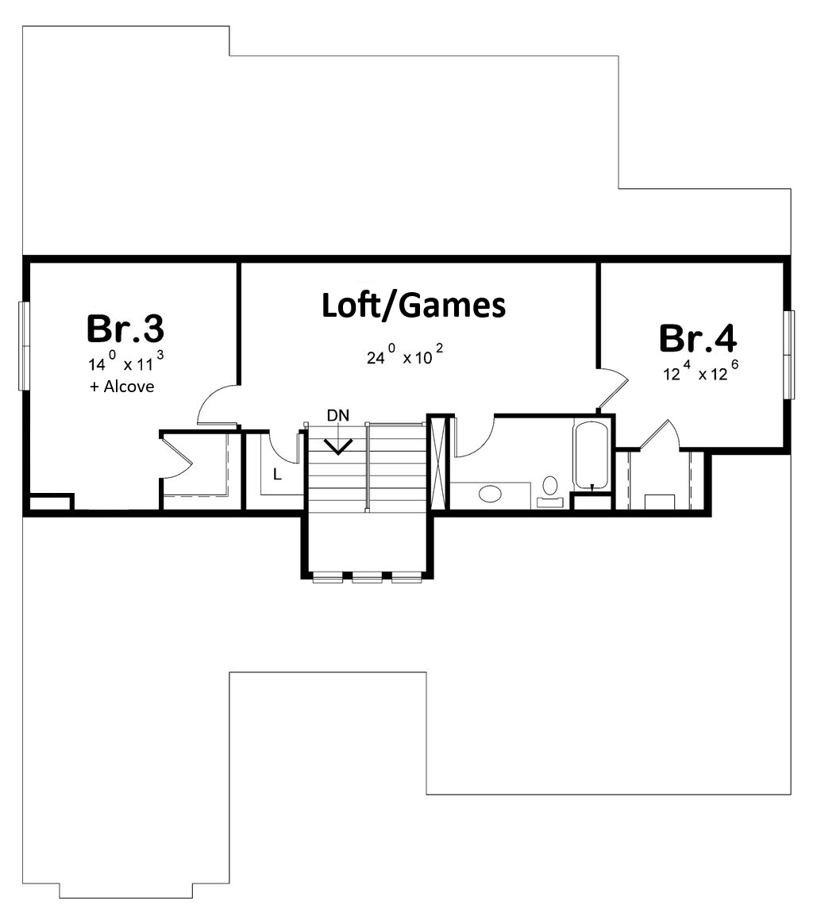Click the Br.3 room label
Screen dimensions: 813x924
click(x=125, y=329)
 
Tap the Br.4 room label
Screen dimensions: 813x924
click(x=698, y=338)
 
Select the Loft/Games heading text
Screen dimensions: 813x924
click(x=414, y=306)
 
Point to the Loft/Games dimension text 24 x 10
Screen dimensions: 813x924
click(x=405, y=355)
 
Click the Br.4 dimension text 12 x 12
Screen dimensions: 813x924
click(x=700, y=371)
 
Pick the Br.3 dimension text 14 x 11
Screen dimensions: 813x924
click(x=125, y=361)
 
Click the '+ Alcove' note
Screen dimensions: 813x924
click(x=122, y=387)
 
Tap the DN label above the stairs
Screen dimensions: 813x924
click(x=338, y=415)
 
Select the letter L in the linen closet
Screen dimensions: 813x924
click(x=277, y=474)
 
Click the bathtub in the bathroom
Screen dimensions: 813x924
click(x=590, y=455)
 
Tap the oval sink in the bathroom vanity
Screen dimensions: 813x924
click(x=490, y=493)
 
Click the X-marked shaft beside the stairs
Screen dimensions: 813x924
click(x=438, y=462)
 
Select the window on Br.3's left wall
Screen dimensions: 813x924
click(x=24, y=345)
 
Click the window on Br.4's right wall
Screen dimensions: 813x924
click(x=789, y=354)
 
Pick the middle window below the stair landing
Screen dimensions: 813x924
click(x=368, y=577)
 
